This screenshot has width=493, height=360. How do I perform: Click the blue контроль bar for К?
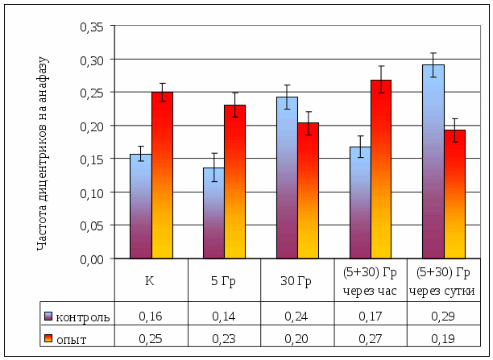tap(141, 206)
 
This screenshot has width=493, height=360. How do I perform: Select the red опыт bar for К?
tap(163, 176)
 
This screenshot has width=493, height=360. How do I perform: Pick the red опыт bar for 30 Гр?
tap(309, 191)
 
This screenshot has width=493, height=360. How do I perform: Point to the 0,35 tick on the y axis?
tap(93, 27)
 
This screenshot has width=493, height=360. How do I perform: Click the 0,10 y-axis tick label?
tap(93, 192)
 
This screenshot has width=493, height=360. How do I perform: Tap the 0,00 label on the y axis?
tap(93, 259)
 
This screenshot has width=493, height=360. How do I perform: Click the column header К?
tap(150, 280)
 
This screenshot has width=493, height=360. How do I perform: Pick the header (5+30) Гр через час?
tap(370, 280)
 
